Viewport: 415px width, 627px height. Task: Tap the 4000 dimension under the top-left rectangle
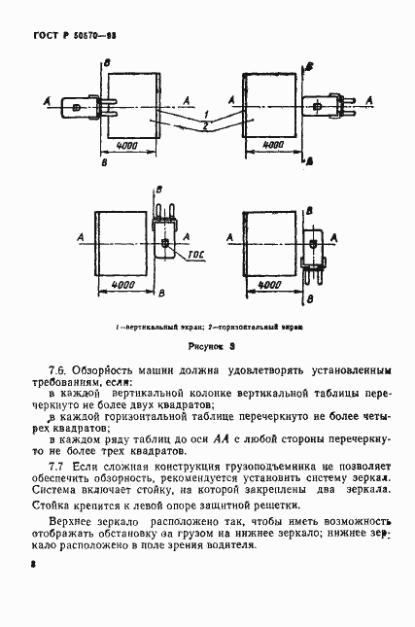point(125,145)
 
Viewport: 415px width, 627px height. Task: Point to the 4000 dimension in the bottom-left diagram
point(123,284)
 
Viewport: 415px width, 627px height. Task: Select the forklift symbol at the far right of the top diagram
point(327,100)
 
